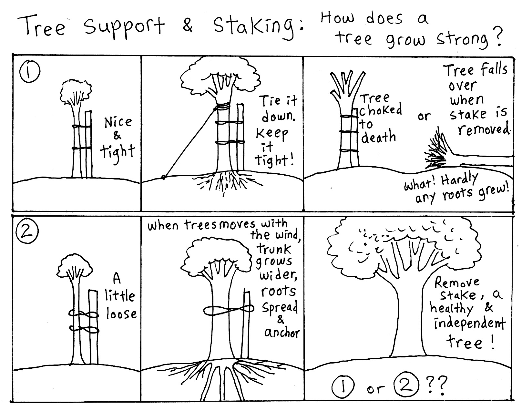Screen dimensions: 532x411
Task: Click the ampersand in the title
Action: click(x=187, y=26)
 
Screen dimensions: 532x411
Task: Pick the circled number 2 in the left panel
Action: click(x=27, y=231)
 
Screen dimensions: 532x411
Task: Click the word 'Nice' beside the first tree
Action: click(x=118, y=122)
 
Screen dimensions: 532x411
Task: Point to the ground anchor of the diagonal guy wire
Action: click(x=163, y=177)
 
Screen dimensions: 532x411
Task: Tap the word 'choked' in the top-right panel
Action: click(x=380, y=110)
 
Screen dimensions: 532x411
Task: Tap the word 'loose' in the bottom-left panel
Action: click(x=121, y=314)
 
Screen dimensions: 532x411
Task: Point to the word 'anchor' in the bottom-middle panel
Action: click(x=282, y=333)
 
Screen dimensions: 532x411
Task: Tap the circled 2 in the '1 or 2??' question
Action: click(x=406, y=384)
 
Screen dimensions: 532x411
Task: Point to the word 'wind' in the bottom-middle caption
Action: click(x=287, y=235)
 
